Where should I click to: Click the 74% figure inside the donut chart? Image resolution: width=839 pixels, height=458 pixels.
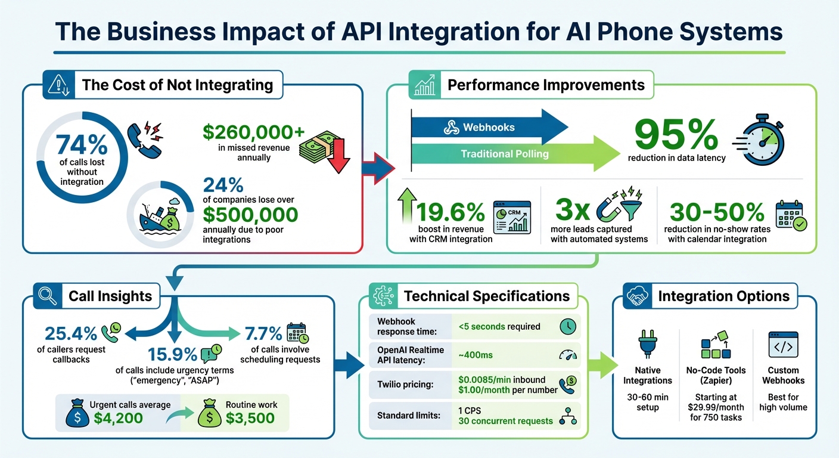click(82, 146)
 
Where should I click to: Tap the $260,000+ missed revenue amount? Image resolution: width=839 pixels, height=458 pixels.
click(245, 131)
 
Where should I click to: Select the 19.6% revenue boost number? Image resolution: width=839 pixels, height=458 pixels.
click(450, 212)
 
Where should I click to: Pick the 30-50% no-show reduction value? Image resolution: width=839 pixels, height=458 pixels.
click(717, 212)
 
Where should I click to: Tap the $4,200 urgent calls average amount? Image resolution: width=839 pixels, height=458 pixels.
click(118, 417)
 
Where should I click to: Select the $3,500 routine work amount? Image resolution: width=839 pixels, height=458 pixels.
click(250, 417)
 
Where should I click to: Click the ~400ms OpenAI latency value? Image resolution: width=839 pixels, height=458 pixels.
click(476, 355)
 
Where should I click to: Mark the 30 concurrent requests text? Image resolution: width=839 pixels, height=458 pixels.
click(505, 421)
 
